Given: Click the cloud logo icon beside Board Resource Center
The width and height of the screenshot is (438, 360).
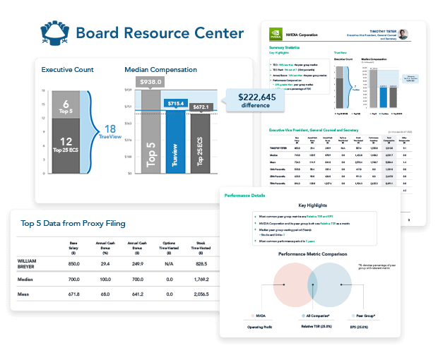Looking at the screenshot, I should click(x=54, y=32).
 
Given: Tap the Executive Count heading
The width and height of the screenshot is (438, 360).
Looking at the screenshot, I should click(x=67, y=70).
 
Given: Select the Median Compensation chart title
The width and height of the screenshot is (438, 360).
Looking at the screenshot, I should click(x=160, y=70).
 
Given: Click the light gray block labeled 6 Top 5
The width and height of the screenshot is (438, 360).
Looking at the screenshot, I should click(x=66, y=106).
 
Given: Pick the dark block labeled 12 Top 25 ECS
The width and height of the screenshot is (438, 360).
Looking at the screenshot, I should click(x=66, y=147).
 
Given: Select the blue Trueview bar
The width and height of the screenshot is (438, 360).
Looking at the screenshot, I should click(x=175, y=140).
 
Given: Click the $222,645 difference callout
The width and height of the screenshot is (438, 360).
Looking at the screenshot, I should click(x=254, y=100).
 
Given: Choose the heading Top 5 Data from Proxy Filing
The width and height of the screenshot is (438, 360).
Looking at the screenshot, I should click(x=73, y=224).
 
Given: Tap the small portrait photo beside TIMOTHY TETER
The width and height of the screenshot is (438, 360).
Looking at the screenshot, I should click(x=403, y=34).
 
